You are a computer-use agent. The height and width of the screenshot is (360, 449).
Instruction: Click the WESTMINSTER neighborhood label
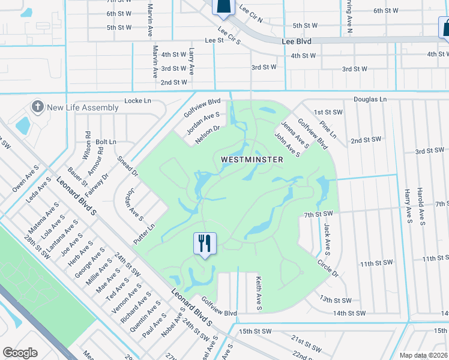click(252, 160)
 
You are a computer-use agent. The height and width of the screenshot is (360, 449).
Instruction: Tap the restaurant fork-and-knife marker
click(204, 244)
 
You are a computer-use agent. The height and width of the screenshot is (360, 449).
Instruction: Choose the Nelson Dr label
click(208, 134)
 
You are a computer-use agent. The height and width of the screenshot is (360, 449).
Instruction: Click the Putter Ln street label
click(144, 233)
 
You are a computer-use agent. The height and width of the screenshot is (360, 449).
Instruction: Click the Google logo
click(20, 353)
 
